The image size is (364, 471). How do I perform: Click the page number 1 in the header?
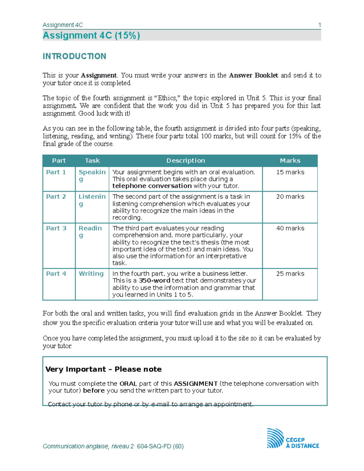[x=319, y=25]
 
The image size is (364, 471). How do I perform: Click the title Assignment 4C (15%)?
[x=91, y=35]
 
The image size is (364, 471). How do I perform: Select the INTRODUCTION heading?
[x=74, y=56]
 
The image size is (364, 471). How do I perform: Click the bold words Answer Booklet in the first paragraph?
[x=253, y=75]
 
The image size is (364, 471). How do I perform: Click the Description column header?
[x=186, y=161]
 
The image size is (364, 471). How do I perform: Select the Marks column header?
[x=290, y=161]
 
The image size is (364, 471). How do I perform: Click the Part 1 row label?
[x=56, y=172]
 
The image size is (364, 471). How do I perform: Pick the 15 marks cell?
[x=290, y=172]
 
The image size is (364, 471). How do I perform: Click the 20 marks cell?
[x=290, y=197]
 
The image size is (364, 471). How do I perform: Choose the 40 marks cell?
[x=290, y=228]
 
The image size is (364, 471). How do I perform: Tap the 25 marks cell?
[x=290, y=274]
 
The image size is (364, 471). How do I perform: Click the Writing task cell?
[x=91, y=274]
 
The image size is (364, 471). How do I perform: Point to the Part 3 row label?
[x=56, y=228]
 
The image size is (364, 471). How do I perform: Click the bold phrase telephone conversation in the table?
[x=152, y=186]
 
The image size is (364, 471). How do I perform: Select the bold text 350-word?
[x=154, y=281]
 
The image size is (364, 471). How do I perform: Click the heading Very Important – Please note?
[x=103, y=369]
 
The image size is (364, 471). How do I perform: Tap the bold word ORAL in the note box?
[x=128, y=384]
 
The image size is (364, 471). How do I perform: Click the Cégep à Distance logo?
[x=292, y=439]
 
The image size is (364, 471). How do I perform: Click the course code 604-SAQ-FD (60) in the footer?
[x=160, y=446]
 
